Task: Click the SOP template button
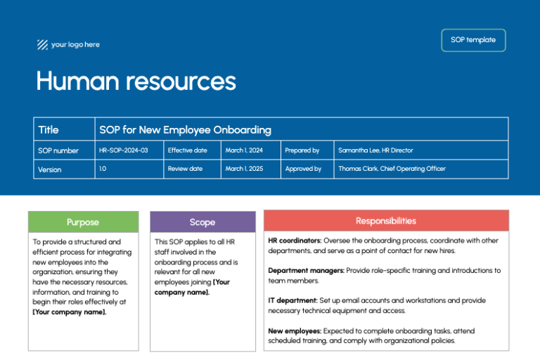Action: (473, 40)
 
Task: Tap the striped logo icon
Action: (42, 45)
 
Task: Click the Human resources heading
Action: (136, 82)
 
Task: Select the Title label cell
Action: (49, 129)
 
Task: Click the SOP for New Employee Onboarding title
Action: (185, 129)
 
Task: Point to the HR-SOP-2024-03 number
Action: (124, 150)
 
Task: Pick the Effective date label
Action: (187, 150)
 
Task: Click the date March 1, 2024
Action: (243, 150)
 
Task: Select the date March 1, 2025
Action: (243, 169)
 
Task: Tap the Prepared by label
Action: (302, 150)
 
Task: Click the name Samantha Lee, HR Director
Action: (375, 150)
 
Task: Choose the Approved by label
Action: (303, 169)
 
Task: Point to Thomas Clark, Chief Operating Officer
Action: (392, 169)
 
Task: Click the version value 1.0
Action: (103, 169)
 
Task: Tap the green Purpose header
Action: (83, 222)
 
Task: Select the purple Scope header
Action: (202, 222)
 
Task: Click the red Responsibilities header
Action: (385, 221)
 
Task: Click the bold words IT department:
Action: (292, 300)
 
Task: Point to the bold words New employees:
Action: (294, 330)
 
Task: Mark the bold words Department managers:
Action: (306, 270)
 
